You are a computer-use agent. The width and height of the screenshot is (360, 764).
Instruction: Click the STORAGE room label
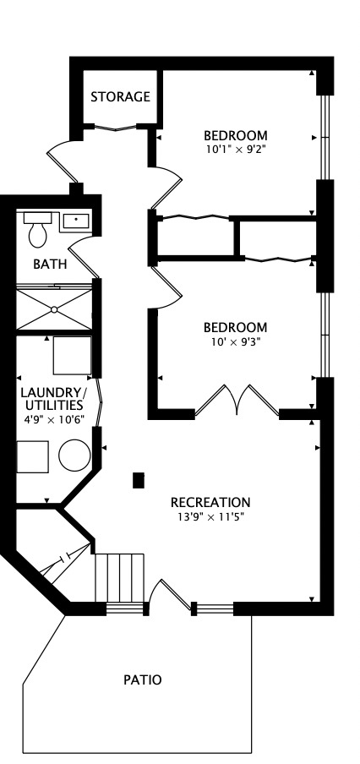click(x=120, y=97)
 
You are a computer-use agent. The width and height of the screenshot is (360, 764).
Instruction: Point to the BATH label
click(x=50, y=264)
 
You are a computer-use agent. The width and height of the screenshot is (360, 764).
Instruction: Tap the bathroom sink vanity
click(x=75, y=221)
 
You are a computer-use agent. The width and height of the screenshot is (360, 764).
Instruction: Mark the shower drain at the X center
click(x=55, y=309)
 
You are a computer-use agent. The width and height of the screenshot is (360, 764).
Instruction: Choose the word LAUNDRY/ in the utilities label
click(x=52, y=393)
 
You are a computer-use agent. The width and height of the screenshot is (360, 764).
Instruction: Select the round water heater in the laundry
click(x=74, y=456)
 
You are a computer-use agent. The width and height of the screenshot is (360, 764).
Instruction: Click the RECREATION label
click(x=210, y=501)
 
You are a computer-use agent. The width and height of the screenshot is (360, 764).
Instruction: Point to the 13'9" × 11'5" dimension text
click(x=210, y=516)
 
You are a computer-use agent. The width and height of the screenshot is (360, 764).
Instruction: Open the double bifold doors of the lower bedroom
click(x=237, y=401)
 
